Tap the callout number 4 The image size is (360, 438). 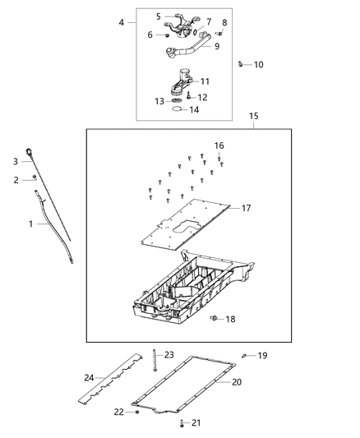pos(122,21)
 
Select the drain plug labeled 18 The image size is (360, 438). pos(215,317)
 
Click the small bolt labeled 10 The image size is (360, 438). pos(239,63)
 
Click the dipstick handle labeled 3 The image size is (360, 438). pos(29,150)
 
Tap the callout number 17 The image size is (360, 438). pos(246,208)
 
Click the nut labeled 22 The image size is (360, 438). pos(137,410)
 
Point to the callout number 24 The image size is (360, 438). pos(89,378)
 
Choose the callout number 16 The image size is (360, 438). pos(219,145)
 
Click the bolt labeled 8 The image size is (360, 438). pos(219,32)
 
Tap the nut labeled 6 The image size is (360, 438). pos(167,35)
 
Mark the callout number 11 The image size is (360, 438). pos(205,81)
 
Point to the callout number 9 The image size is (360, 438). pos(217,47)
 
